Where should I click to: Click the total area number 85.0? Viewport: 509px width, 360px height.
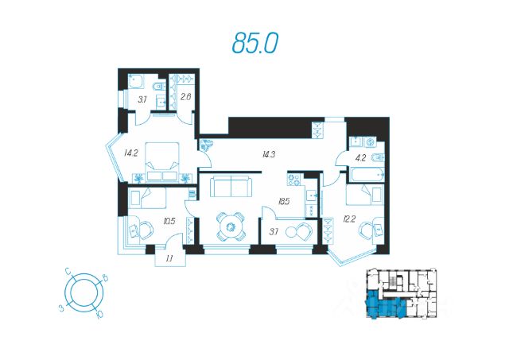coord(255,43)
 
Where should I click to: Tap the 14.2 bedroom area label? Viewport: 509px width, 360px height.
coord(130,153)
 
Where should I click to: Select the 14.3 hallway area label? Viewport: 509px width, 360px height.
coord(269,154)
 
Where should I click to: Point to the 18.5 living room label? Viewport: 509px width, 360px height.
coord(283,201)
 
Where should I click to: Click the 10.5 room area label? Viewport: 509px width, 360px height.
coord(169,222)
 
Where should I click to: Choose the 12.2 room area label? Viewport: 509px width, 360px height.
coord(349,219)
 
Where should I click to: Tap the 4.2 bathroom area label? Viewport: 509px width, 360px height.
coord(361,158)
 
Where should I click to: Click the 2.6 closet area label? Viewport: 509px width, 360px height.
coord(185,96)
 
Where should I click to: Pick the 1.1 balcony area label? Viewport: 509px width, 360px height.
coord(169,258)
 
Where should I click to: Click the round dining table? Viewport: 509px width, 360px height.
coord(231,226)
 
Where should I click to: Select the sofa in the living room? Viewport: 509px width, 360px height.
coord(231,186)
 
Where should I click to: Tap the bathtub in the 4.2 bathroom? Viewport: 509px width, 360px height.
coord(367,175)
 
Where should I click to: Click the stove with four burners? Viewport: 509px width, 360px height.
coord(295,180)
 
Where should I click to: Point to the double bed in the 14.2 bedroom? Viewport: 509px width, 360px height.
coord(162,161)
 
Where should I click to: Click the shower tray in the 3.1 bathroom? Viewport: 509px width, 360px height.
coord(136,81)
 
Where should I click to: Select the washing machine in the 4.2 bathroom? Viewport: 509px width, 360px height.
coord(370,142)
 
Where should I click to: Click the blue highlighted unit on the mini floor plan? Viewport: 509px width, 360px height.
coord(386,305)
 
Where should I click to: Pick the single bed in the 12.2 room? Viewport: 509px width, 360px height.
coord(365,195)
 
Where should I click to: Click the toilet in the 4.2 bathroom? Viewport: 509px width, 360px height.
coord(379,157)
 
